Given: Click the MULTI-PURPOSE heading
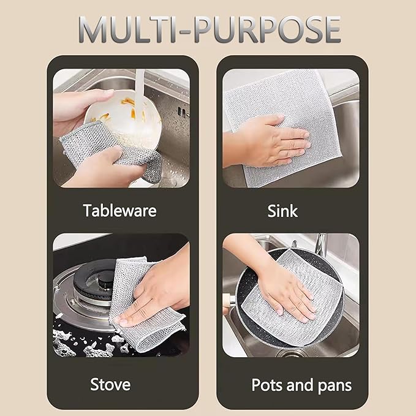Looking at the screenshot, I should click(208, 29).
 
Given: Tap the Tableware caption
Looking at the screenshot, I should click(120, 211).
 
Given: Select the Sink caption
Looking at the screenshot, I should click(282, 211).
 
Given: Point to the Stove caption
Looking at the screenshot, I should click(110, 385).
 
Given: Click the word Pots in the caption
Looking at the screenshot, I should click(268, 385).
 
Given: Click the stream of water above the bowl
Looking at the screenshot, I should click(139, 83).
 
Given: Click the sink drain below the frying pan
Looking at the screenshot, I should click(288, 352).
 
